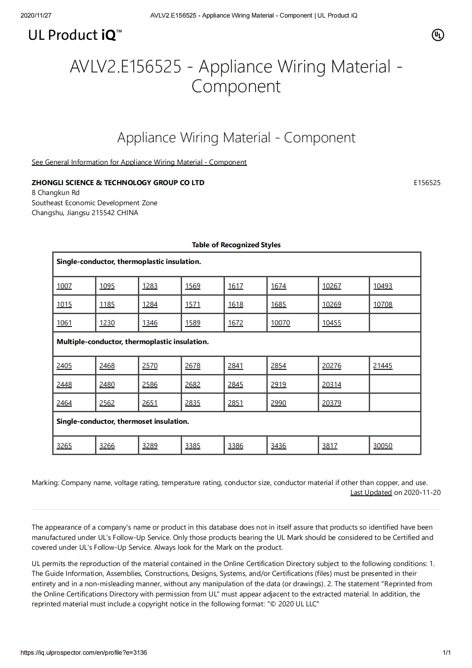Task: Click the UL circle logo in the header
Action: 438,35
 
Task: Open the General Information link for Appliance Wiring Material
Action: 139,162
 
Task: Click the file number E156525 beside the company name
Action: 427,183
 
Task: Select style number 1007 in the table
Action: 64,286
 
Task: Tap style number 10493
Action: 382,286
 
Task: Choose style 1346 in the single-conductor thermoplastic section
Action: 150,323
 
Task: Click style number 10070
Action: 281,323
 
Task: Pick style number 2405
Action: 64,365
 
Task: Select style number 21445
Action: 382,365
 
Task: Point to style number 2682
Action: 193,384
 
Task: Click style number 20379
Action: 332,403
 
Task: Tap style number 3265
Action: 64,446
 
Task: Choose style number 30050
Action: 382,446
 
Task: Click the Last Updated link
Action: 371,492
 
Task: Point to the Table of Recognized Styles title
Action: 236,245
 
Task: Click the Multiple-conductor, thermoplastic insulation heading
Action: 133,341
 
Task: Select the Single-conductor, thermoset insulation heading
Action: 123,421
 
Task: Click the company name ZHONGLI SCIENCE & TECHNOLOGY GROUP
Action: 118,183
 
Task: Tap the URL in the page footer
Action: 84,653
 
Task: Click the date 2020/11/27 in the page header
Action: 36,15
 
